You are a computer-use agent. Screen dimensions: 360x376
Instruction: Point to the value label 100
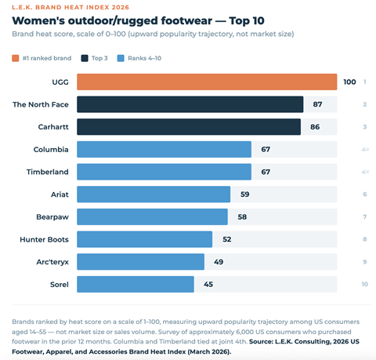pos(349,82)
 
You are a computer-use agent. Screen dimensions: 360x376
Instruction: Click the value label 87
pos(317,104)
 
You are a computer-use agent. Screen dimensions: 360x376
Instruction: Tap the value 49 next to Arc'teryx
pos(219,261)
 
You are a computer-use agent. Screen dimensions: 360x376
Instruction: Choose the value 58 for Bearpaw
pos(241,216)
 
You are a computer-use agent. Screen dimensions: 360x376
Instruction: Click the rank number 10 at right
pos(364,284)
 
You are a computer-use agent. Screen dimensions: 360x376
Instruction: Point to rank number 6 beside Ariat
pos(365,194)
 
